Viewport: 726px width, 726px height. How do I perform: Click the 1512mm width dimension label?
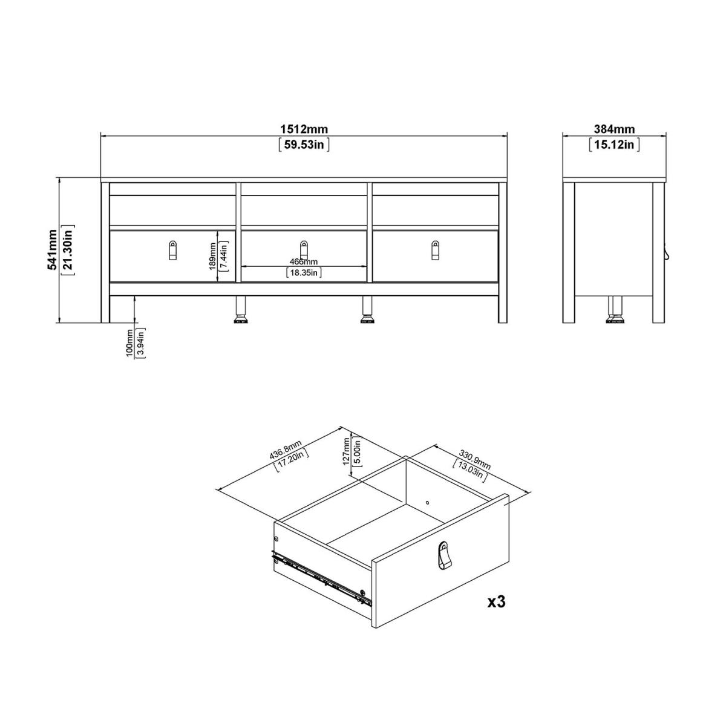304,129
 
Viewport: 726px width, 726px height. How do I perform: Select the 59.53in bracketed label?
304,145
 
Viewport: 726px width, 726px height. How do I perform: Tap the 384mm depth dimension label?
614,129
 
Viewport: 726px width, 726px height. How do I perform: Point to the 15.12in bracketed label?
614,145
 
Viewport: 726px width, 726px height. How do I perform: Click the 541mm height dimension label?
51,250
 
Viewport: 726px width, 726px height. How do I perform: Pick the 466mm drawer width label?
303,261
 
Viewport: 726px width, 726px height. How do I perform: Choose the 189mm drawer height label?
212,256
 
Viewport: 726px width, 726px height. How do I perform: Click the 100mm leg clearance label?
129,343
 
